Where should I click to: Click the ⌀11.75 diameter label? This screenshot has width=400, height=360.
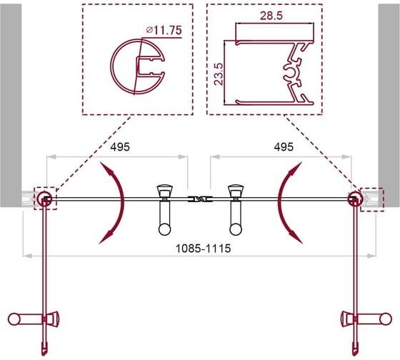[x=164, y=30]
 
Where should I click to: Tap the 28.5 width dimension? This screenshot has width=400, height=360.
[x=271, y=16]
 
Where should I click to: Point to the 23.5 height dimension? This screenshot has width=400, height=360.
[x=219, y=74]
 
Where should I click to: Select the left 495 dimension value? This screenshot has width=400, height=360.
[x=120, y=147]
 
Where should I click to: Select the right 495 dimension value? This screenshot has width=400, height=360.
[x=284, y=147]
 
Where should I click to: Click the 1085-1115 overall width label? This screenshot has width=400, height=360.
[x=204, y=249]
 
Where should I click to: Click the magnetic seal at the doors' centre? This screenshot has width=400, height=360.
[x=200, y=199]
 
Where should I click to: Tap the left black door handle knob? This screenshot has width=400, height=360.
[x=164, y=229]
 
